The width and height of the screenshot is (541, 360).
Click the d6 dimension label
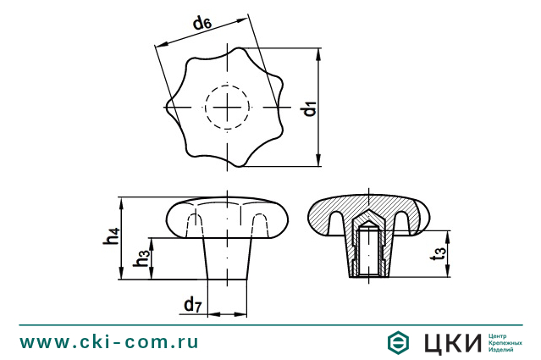(201, 23)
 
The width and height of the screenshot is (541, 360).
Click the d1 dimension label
(310, 108)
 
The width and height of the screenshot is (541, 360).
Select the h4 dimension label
(111, 238)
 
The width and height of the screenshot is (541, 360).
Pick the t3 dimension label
(436, 253)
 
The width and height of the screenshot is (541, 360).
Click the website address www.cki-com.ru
(109, 341)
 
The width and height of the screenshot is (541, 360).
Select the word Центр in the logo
(500, 335)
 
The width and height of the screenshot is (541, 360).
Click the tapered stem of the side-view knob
(227, 258)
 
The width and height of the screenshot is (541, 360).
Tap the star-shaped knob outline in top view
(191, 68)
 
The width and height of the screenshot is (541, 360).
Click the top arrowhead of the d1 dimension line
(319, 53)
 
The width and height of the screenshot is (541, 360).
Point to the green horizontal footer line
(270, 324)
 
